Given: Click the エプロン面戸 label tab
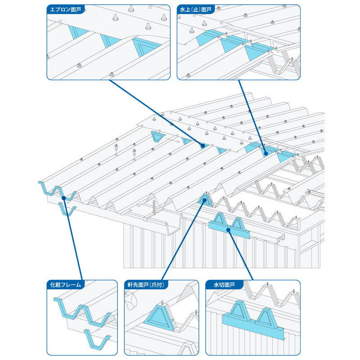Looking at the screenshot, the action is [65, 9].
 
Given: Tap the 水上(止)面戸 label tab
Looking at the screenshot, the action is [196, 9].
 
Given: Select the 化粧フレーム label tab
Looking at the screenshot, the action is [65, 285].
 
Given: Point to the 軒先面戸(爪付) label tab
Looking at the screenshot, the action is [146, 285].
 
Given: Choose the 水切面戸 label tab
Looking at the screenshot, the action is [224, 285].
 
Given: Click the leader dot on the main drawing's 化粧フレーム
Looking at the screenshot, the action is [64, 198].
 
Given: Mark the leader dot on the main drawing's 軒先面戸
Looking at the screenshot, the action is [205, 200].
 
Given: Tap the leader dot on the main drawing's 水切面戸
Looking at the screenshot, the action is [228, 229].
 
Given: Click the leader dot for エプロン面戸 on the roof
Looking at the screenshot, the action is [203, 146].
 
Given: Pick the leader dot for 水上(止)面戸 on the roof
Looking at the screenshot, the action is [266, 153].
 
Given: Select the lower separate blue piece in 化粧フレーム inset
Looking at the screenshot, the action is [96, 339].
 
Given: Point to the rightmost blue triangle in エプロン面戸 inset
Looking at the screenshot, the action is [144, 47].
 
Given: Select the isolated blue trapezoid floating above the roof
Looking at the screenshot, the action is [158, 136].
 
